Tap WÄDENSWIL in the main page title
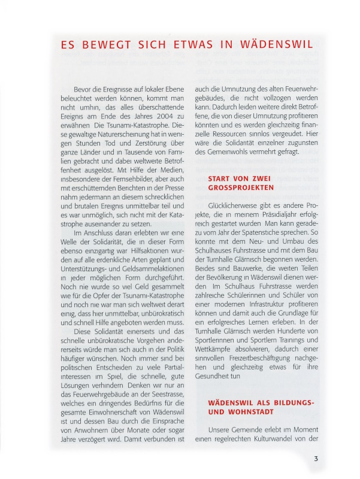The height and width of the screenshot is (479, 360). [275, 45]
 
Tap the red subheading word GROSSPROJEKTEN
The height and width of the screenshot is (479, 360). [241, 187]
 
